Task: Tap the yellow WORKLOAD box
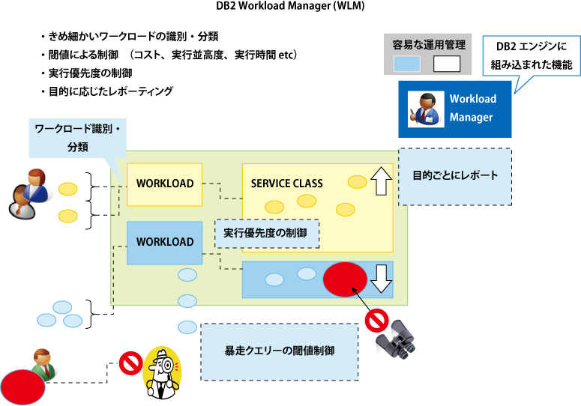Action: click(164, 184)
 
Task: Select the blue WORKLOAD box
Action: click(164, 242)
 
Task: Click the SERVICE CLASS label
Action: click(286, 184)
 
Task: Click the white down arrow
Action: click(382, 278)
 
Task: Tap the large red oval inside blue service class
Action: click(345, 279)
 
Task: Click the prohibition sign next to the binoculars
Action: click(375, 321)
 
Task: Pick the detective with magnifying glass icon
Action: click(164, 372)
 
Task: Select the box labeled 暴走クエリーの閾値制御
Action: click(280, 351)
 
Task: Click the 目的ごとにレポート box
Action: click(455, 176)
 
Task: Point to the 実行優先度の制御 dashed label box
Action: click(266, 233)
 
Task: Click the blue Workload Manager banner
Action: click(455, 109)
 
